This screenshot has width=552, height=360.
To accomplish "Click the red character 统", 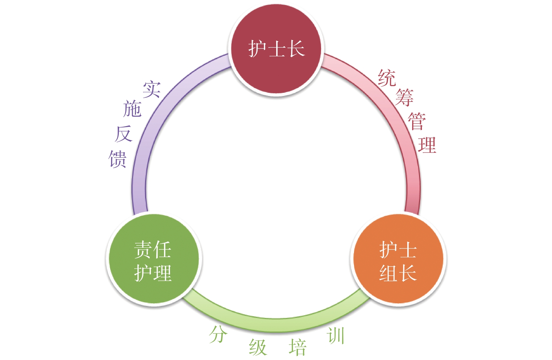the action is tap(387, 78).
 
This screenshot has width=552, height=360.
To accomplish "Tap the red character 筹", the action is tap(404, 97).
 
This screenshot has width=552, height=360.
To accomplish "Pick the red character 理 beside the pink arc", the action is tap(427, 145).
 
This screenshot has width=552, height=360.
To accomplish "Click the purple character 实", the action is tap(152, 89).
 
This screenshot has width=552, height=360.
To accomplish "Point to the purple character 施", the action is tap(132, 109).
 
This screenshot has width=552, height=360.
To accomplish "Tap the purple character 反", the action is tap(123, 134).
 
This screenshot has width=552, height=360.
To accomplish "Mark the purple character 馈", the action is tap(117, 159).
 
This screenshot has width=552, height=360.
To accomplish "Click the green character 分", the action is tap(218, 334).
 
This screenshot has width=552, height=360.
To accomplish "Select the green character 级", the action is tap(258, 347).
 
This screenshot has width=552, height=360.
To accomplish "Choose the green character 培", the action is tap(298, 347).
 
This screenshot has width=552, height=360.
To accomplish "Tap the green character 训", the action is tap(336, 335).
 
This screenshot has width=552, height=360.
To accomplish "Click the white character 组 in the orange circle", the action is tap(388, 273).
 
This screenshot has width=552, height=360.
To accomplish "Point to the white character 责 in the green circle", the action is tap(143, 249).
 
